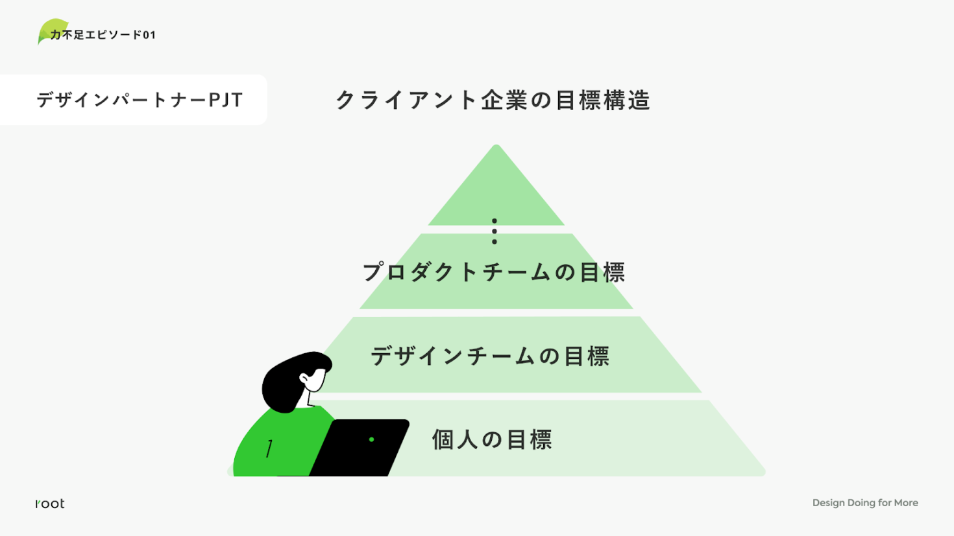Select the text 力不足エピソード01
point(103,35)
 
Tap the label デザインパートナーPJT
point(140,100)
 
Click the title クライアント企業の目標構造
point(493,100)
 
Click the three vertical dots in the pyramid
point(495,231)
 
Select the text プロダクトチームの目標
point(493,272)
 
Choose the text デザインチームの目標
point(490,356)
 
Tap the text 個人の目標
point(492,439)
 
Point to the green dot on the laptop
point(371,439)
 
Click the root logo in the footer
point(50,504)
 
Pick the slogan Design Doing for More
point(864,503)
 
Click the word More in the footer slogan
point(906,503)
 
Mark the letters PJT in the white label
point(226,100)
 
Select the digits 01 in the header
point(149,35)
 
